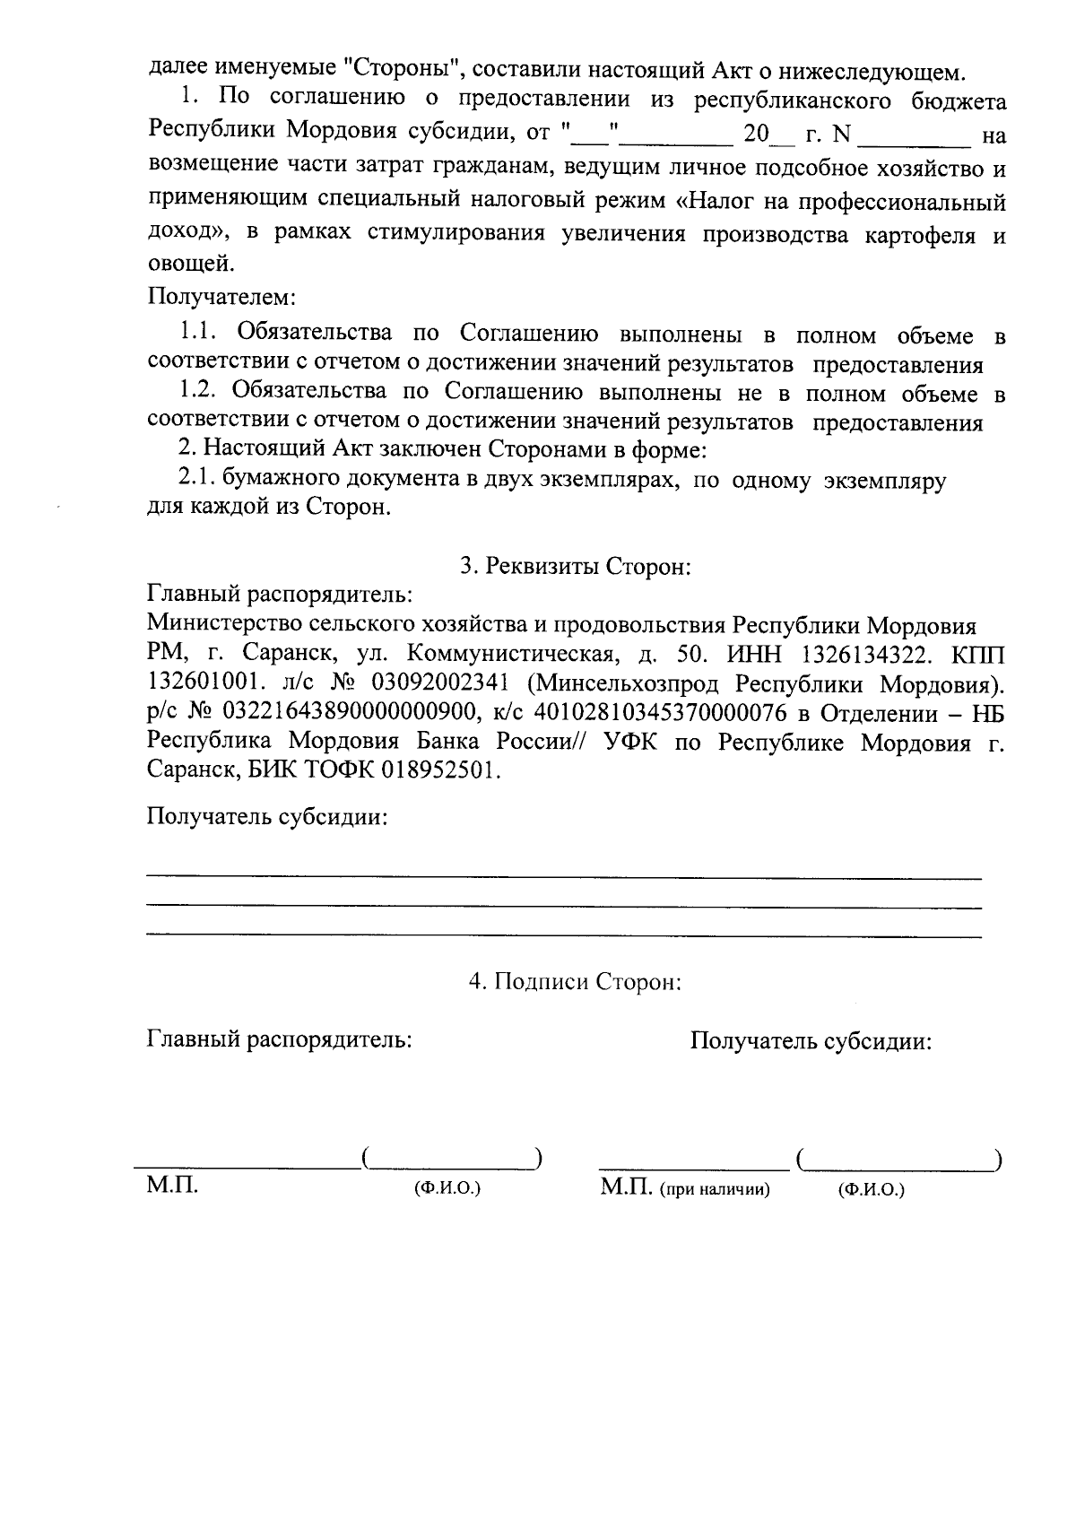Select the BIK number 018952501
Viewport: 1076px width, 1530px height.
pos(438,770)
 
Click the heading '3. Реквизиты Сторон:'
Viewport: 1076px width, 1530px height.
pos(575,567)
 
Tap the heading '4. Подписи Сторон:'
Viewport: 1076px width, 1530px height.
pos(575,981)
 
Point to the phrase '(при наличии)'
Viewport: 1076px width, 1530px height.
pos(715,1190)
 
